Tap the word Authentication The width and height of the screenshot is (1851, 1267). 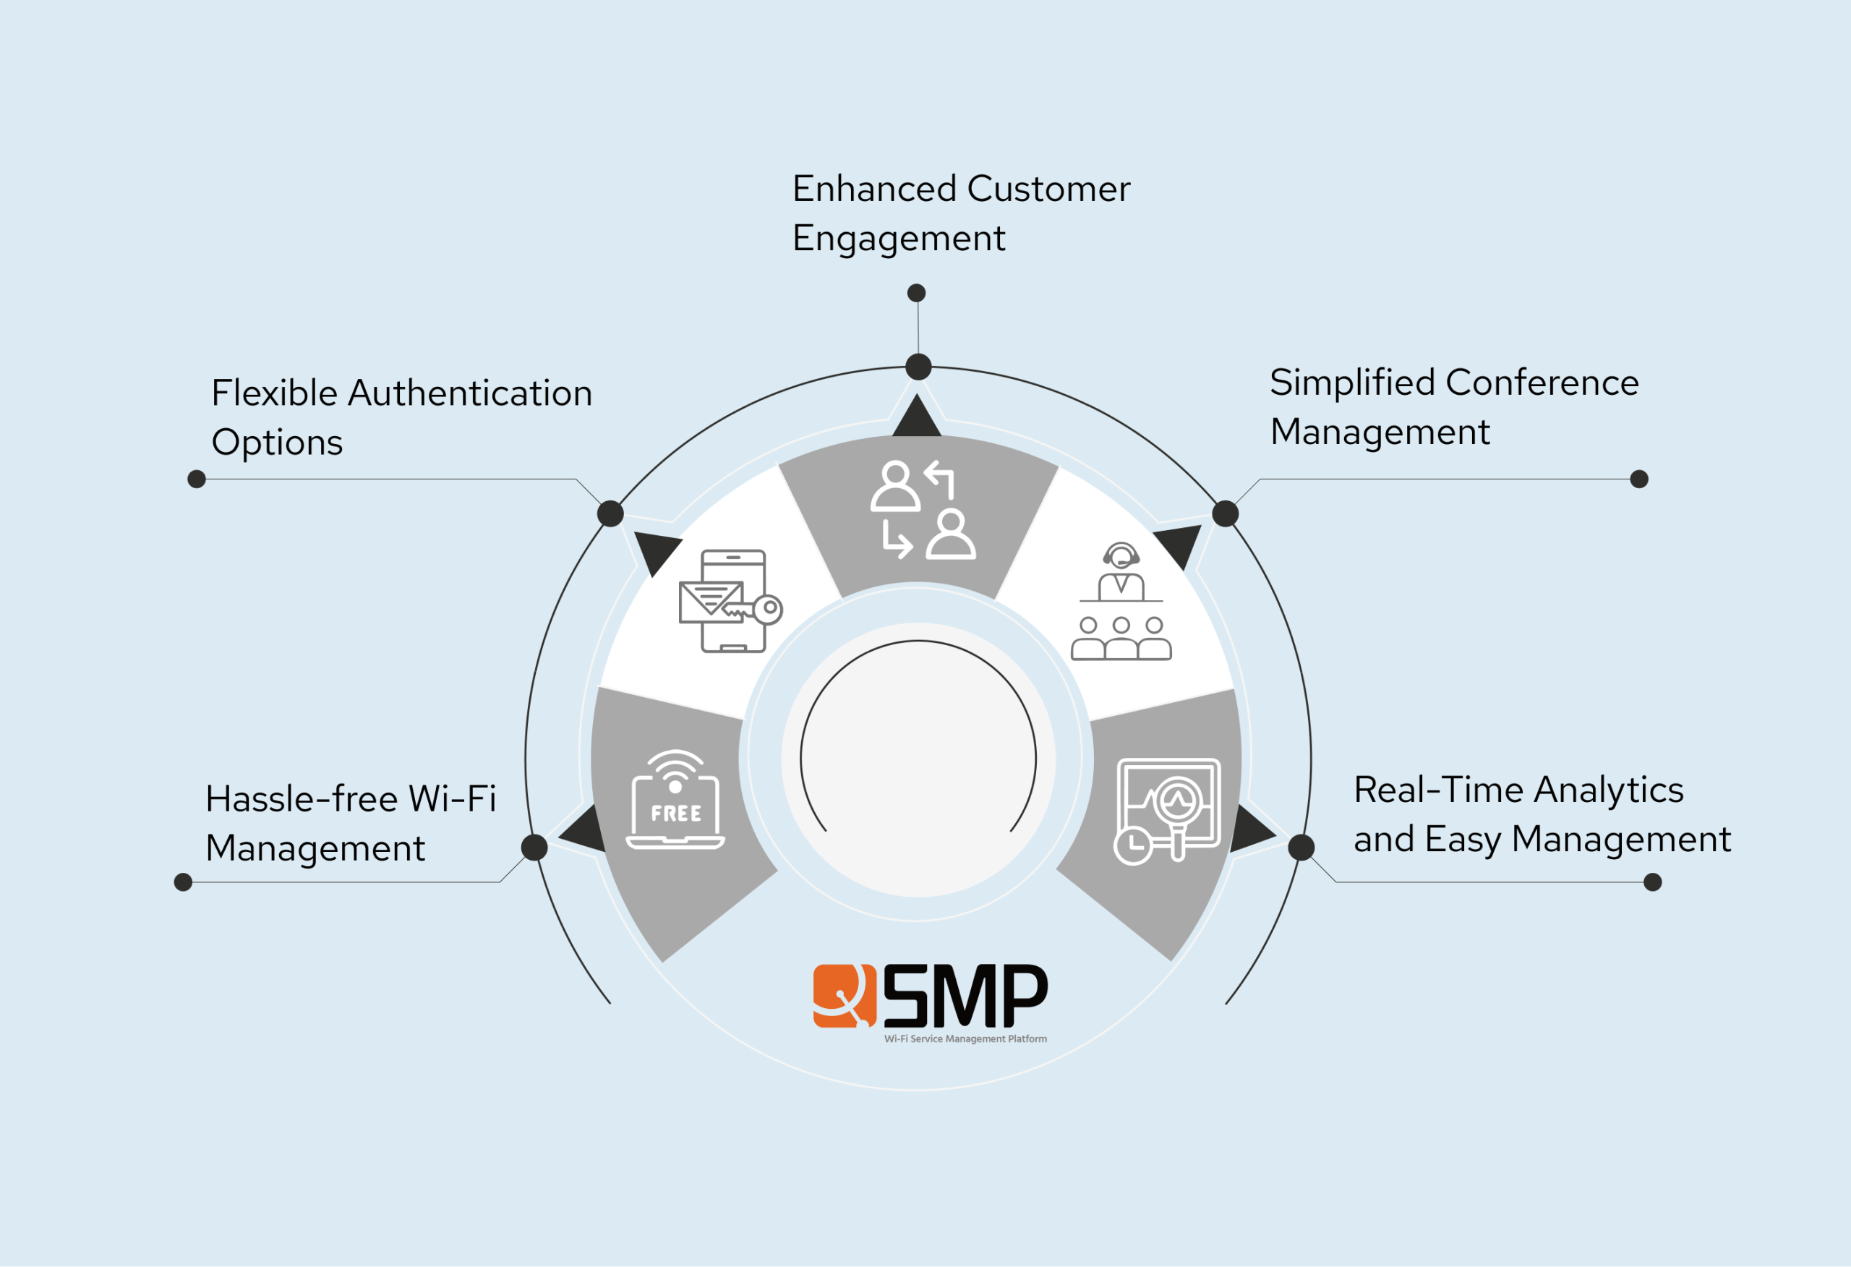[470, 393]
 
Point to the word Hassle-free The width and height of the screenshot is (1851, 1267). [301, 799]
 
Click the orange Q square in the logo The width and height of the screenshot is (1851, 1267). [845, 996]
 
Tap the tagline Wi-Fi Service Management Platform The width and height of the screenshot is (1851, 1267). [965, 1039]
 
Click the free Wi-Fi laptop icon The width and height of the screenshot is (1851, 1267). [675, 801]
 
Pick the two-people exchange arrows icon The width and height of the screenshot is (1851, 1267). [923, 510]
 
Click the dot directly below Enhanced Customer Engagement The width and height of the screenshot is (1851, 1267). [917, 293]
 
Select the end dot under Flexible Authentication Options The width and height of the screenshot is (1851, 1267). [197, 479]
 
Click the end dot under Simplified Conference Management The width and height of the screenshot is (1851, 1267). [1639, 479]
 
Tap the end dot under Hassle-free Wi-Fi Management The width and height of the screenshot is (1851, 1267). [183, 882]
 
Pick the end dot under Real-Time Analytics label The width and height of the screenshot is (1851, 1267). [1653, 882]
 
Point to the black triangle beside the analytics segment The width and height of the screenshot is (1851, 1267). [1249, 830]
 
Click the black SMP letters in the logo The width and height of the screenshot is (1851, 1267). [965, 996]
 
